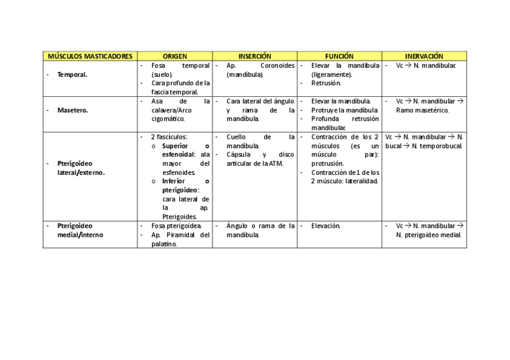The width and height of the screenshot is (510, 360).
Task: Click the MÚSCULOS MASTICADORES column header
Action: tap(90, 56)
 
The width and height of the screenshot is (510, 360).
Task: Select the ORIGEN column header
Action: tap(174, 56)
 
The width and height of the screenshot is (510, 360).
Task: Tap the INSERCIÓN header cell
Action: tap(254, 56)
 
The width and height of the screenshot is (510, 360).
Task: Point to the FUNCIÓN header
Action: tap(339, 56)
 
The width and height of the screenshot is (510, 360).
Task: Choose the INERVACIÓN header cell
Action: tap(424, 56)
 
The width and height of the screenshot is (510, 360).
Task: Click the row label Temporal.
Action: tap(72, 75)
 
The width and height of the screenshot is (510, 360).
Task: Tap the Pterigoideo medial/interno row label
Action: tap(80, 230)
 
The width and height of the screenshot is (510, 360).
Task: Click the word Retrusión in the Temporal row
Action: tap(326, 84)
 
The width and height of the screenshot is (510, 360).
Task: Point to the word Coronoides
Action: tap(277, 66)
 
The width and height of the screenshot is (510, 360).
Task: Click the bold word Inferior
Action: tap(174, 181)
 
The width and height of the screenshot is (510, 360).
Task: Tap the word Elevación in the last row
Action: tap(326, 226)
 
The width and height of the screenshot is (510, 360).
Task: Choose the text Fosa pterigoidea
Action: tap(176, 226)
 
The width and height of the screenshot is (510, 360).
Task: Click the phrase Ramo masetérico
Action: tap(422, 110)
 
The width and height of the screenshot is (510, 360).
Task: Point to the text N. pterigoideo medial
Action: tap(428, 235)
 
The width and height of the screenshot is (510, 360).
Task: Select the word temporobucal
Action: tap(443, 145)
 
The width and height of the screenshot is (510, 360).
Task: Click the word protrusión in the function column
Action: tap(328, 163)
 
